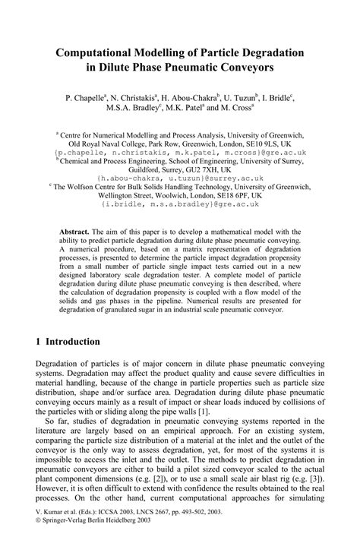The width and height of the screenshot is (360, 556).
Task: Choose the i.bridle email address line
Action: tap(180, 204)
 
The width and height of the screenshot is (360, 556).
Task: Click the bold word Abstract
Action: tap(74, 231)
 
